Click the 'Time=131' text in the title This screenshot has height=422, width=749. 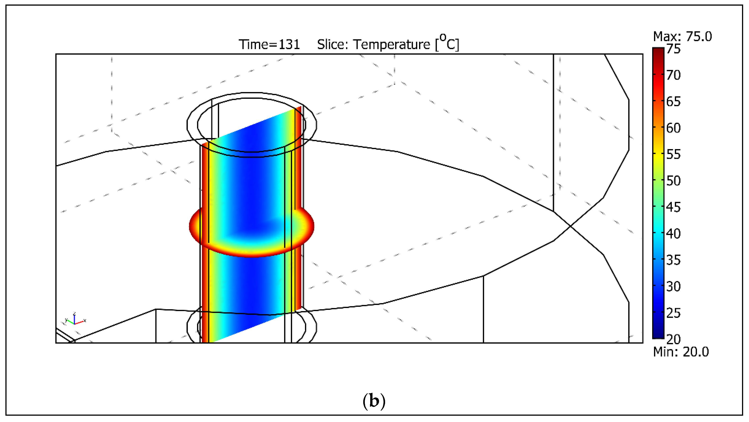click(269, 45)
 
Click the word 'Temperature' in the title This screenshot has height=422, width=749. click(391, 45)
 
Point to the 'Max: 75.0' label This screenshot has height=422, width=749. click(682, 36)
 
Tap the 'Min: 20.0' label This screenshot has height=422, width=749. click(681, 352)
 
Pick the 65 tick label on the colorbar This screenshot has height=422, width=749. click(673, 102)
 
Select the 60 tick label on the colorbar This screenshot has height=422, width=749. click(673, 128)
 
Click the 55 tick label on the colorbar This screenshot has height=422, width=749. click(673, 154)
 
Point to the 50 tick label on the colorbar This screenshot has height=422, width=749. click(673, 181)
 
